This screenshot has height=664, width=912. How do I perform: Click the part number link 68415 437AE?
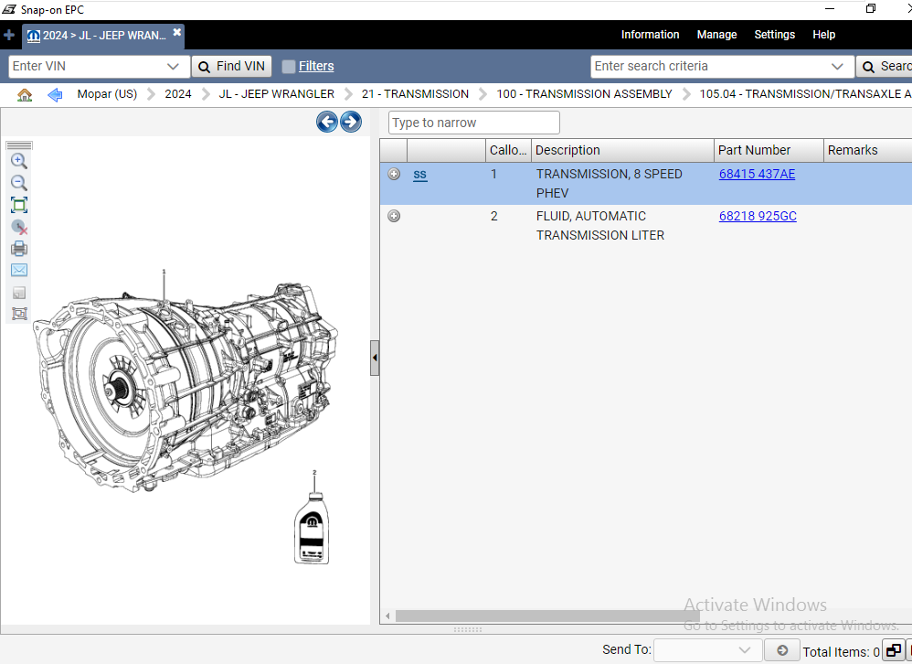pos(757,174)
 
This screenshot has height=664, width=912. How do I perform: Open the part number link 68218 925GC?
pos(758,216)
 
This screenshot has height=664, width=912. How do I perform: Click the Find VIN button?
pos(231,66)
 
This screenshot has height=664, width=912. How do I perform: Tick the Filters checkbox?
pos(289,67)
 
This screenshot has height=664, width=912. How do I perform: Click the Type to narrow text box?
pos(473,123)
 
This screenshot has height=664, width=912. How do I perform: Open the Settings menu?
pos(774,35)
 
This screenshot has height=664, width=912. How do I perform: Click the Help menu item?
pos(823,35)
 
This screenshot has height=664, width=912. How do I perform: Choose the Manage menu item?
pos(716,35)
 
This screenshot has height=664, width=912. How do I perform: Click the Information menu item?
pos(650,35)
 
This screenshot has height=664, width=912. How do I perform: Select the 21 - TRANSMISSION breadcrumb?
pos(415,94)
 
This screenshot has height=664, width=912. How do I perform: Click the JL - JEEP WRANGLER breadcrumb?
pos(276,94)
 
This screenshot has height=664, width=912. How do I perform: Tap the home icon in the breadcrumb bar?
pos(25,94)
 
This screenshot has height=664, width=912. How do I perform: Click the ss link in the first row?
pos(419,174)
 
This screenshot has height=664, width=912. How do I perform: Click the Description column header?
pos(567,150)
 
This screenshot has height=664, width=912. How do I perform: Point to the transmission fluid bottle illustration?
pos(313,528)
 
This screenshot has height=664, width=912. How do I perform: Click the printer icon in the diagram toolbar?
pos(19,248)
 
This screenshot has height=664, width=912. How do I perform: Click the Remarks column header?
pos(852,150)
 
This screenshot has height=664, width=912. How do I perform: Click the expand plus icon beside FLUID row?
pos(394,216)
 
